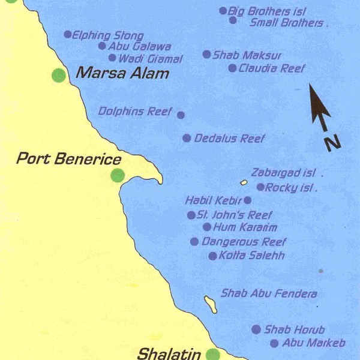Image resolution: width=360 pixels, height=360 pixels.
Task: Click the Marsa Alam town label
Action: coord(122,74)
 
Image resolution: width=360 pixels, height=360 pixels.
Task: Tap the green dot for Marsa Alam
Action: coord(58,75)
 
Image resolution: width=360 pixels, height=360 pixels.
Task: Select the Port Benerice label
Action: coord(69,159)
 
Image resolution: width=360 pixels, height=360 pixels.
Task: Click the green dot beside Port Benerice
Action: coord(118,175)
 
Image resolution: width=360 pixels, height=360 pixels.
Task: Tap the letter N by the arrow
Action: coord(332,142)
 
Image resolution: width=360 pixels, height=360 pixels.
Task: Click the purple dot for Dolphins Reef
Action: coord(181,115)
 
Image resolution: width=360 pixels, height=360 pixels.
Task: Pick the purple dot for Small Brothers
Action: coord(233,20)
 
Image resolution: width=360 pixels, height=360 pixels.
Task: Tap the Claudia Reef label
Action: coord(272,68)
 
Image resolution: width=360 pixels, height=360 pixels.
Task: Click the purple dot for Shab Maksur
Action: coord(206,54)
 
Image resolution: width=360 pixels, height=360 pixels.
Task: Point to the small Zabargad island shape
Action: coord(244,182)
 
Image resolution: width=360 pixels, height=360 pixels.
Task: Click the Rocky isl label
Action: coord(290,187)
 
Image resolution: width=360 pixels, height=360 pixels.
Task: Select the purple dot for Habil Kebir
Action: coord(248,200)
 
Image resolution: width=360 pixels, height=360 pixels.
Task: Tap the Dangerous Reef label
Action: coord(244,242)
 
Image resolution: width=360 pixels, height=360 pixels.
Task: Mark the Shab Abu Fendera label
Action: coord(269,294)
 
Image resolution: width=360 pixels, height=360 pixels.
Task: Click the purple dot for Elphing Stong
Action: coord(67,34)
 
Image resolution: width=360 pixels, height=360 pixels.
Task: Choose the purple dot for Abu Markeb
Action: coord(274,344)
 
